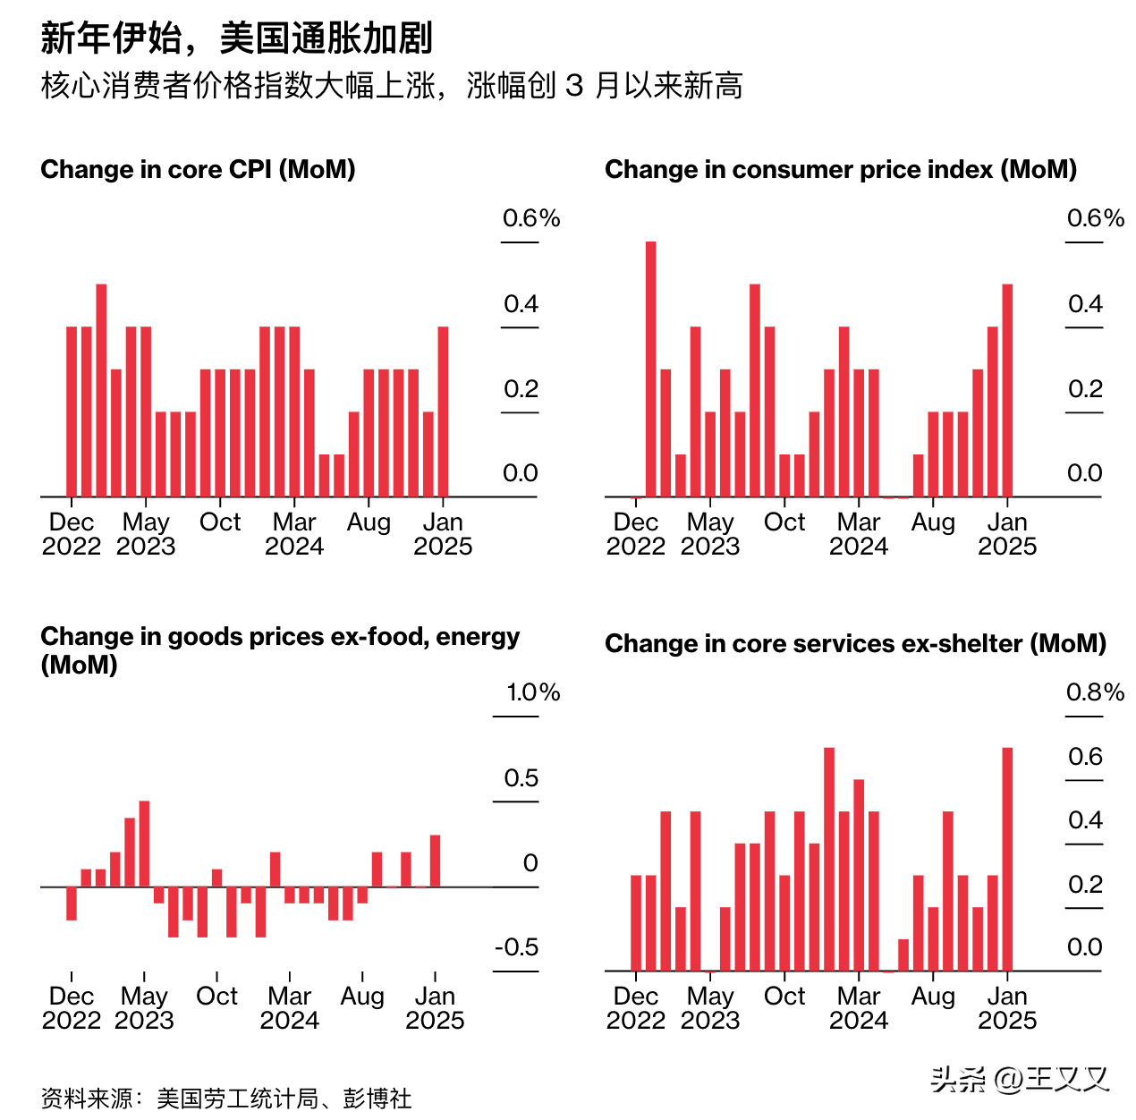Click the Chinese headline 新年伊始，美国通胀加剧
(x=237, y=38)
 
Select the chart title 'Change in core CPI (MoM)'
(x=198, y=170)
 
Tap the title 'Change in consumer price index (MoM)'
(x=840, y=170)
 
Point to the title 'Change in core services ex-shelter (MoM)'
(x=855, y=644)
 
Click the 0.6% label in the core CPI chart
(x=530, y=218)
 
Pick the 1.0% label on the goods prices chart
(x=532, y=692)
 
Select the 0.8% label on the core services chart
(x=1094, y=692)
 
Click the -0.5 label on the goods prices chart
(x=516, y=947)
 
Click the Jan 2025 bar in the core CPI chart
(x=443, y=412)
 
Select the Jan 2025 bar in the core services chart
(x=1007, y=859)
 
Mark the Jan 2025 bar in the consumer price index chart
(x=1007, y=390)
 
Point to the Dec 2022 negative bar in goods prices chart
(x=72, y=904)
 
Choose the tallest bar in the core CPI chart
(x=101, y=390)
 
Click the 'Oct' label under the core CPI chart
(x=220, y=522)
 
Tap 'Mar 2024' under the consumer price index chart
(x=859, y=534)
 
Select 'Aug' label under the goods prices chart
(x=362, y=997)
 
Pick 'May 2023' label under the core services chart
(x=710, y=1008)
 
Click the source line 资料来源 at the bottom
(x=226, y=1099)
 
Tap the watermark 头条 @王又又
(x=1019, y=1080)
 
